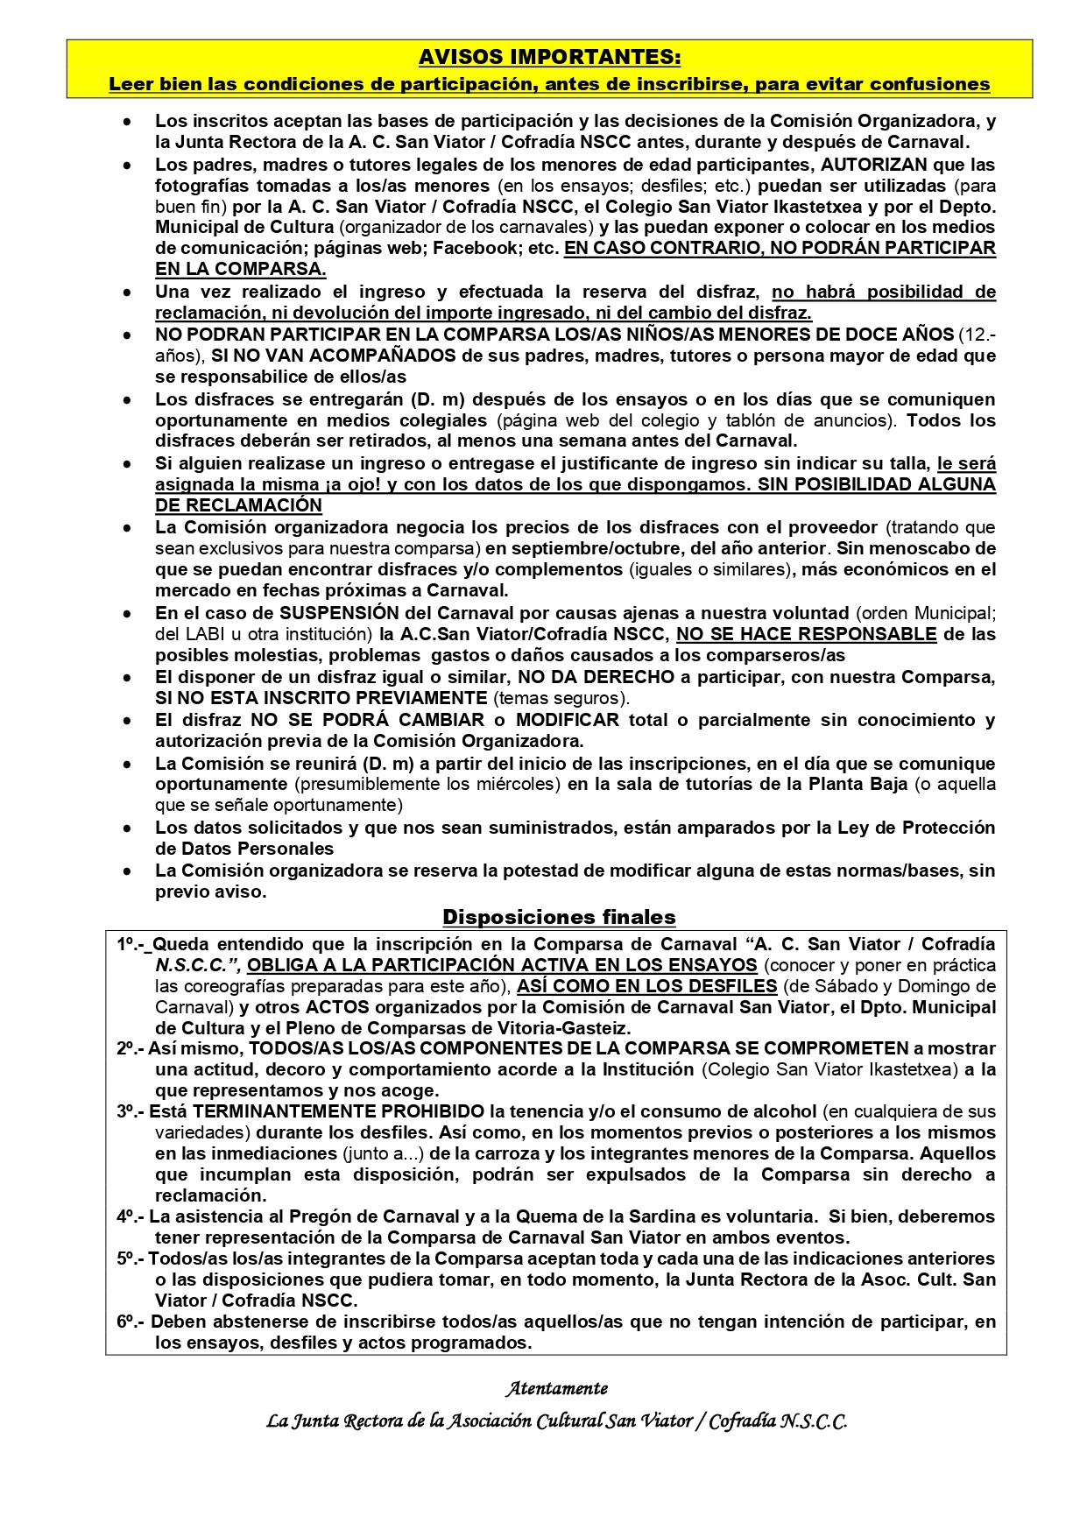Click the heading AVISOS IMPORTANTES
tap(549, 57)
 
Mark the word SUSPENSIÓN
tap(339, 613)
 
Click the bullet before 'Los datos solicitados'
tap(128, 828)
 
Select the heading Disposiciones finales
tap(559, 917)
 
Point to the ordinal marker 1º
tap(129, 944)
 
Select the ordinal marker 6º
tap(129, 1322)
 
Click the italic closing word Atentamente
tap(556, 1388)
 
